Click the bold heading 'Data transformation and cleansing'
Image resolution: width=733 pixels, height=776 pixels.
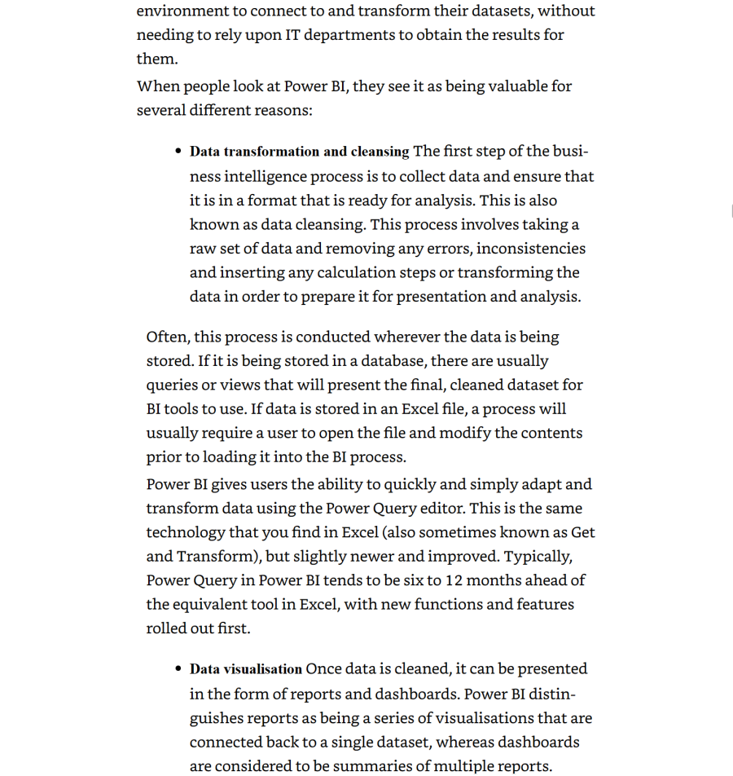(x=299, y=152)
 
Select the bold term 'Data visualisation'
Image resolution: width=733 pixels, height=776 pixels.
(x=245, y=669)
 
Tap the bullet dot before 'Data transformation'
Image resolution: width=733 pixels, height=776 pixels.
(x=178, y=152)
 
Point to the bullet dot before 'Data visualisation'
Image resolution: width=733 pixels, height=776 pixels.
(x=178, y=669)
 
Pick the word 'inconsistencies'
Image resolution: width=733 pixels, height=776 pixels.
(x=531, y=249)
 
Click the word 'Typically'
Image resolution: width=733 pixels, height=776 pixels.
(x=538, y=557)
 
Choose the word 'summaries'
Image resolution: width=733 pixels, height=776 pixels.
(x=380, y=766)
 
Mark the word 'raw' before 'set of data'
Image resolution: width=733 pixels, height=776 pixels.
(x=203, y=249)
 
